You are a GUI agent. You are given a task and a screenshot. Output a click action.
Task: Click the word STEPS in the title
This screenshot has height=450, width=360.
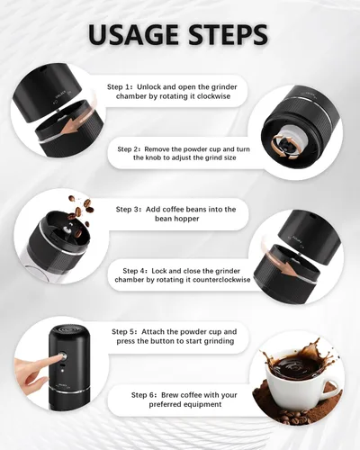(x=226, y=34)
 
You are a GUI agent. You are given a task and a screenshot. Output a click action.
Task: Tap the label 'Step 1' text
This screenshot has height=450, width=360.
(x=121, y=87)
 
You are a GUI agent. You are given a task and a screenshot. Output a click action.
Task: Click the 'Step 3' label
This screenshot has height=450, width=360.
(x=130, y=209)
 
